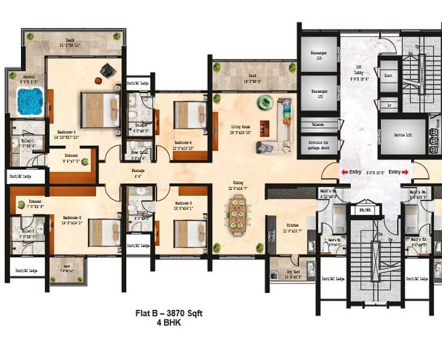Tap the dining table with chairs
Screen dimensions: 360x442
pos(236,215)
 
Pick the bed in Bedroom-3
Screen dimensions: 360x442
pos(189,233)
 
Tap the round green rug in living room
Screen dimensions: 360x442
pos(264,100)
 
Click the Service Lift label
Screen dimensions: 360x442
pos(403,134)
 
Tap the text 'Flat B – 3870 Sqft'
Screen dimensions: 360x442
pos(168,313)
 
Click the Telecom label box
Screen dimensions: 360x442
pos(317,124)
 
